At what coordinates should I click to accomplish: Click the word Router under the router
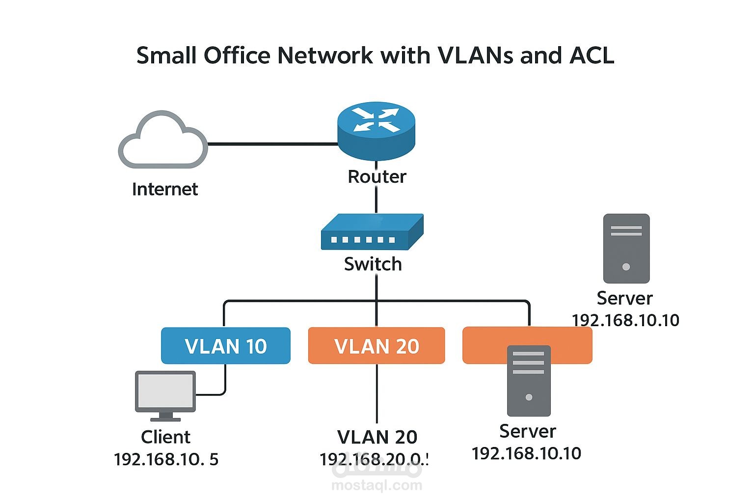pyautogui.click(x=377, y=177)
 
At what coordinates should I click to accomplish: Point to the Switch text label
pyautogui.click(x=373, y=264)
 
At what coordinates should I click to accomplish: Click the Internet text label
pyautogui.click(x=165, y=189)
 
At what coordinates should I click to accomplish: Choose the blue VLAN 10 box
pyautogui.click(x=226, y=346)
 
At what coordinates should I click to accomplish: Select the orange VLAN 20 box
pyautogui.click(x=377, y=346)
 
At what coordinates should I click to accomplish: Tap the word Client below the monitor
pyautogui.click(x=165, y=437)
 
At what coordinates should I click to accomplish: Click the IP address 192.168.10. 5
pyautogui.click(x=166, y=459)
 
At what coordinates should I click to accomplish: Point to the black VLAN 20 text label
pyautogui.click(x=377, y=437)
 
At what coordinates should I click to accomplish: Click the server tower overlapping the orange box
pyautogui.click(x=529, y=381)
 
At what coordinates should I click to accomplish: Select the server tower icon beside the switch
pyautogui.click(x=626, y=248)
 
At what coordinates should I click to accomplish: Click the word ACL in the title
pyautogui.click(x=592, y=56)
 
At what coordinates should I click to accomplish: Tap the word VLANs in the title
pyautogui.click(x=475, y=56)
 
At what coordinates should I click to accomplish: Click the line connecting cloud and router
pyautogui.click(x=272, y=144)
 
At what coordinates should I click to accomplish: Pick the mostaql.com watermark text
pyautogui.click(x=377, y=486)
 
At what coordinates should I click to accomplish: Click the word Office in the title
pyautogui.click(x=237, y=56)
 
